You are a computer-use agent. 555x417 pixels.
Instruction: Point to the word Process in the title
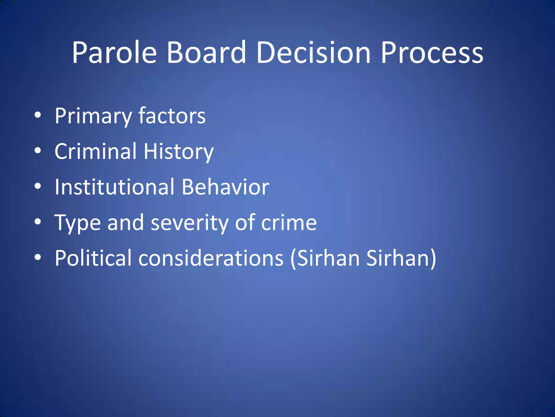coord(432,53)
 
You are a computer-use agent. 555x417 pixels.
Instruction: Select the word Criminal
coord(95,151)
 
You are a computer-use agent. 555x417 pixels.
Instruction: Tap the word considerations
coord(211,258)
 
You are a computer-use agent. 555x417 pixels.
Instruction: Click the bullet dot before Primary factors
coord(38,115)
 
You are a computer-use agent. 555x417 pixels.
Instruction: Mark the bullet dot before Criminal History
coord(38,151)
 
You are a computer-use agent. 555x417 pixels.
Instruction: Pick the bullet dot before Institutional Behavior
coord(38,186)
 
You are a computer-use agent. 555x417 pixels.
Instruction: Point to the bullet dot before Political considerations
coord(38,257)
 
